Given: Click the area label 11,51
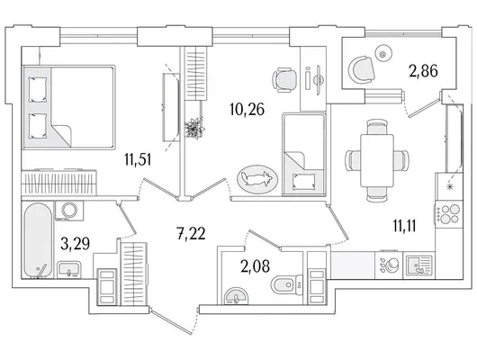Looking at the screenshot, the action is [x=138, y=159].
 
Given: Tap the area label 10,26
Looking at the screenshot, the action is [x=247, y=109].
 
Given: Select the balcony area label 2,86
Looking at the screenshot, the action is [x=423, y=71].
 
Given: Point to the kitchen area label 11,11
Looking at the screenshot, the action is [x=404, y=226].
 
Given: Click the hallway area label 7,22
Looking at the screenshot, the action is [x=191, y=233].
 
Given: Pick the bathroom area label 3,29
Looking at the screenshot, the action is [x=75, y=243].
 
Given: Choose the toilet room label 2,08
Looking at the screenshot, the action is [x=255, y=266].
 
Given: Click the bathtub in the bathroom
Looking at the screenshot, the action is [x=38, y=240].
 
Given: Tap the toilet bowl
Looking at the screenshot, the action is [x=286, y=284].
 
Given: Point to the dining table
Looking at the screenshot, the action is [x=377, y=160].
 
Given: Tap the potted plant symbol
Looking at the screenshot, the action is [x=194, y=129].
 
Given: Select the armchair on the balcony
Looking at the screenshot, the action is [x=361, y=69].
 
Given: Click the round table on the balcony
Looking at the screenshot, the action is [x=382, y=55].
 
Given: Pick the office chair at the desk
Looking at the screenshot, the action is [x=284, y=80].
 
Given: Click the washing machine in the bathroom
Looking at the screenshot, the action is [x=69, y=211].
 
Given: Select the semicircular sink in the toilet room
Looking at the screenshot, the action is [x=236, y=296].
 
